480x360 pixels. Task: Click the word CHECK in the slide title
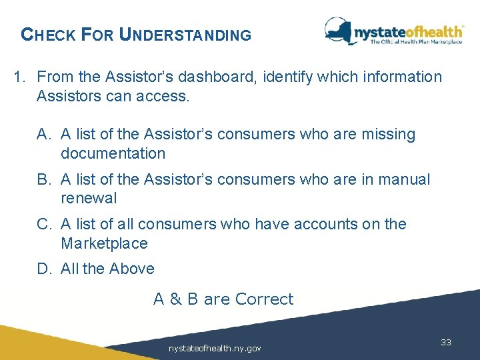pyautogui.click(x=49, y=35)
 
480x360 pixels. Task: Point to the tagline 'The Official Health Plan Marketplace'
pyautogui.click(x=416, y=42)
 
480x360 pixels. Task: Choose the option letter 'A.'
pyautogui.click(x=45, y=135)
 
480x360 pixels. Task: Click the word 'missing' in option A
pyautogui.click(x=387, y=135)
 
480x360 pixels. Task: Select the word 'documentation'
pyautogui.click(x=113, y=154)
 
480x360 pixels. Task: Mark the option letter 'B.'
pyautogui.click(x=45, y=180)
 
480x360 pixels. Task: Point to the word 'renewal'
pyautogui.click(x=88, y=199)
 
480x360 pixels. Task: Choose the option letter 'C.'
pyautogui.click(x=45, y=225)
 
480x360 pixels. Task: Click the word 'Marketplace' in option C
pyautogui.click(x=104, y=244)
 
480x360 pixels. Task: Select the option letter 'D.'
pyautogui.click(x=45, y=269)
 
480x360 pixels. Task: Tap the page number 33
pyautogui.click(x=446, y=342)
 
